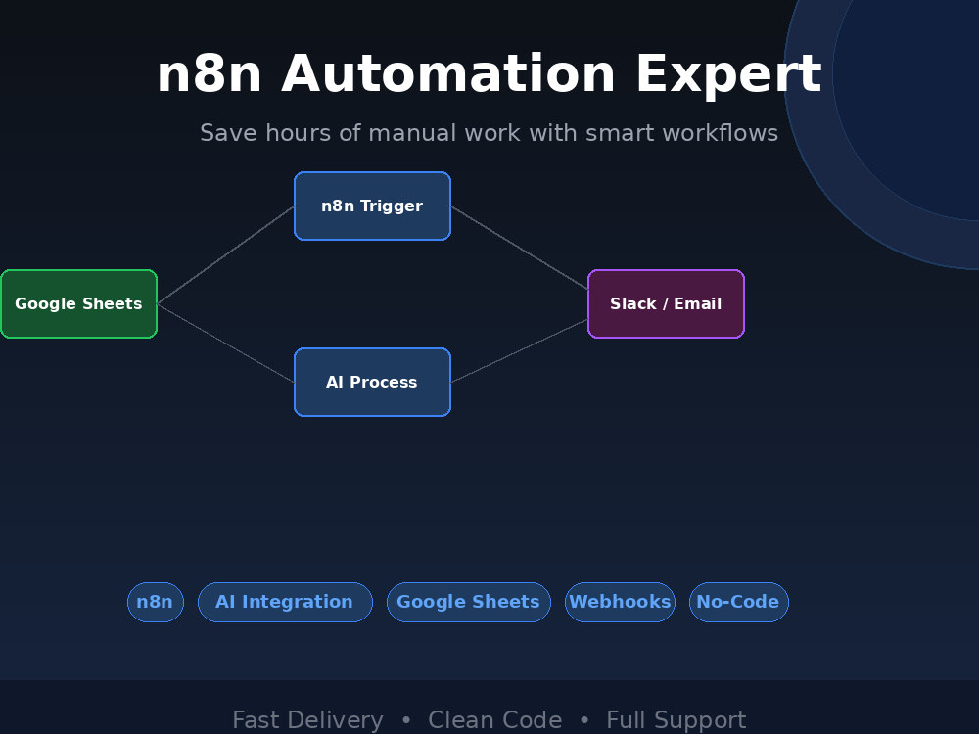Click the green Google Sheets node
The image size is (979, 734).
[78, 304]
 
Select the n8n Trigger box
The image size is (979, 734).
[372, 206]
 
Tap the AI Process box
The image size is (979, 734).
[372, 382]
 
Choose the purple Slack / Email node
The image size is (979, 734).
[666, 304]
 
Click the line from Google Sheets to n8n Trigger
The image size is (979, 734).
[225, 255]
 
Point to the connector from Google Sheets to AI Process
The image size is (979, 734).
[225, 343]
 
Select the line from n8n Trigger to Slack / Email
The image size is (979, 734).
[520, 248]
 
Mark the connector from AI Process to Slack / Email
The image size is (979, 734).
[520, 350]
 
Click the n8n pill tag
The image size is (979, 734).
[156, 602]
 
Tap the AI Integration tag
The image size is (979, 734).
[285, 602]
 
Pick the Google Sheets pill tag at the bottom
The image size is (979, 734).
[469, 602]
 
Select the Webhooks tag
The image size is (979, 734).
[620, 602]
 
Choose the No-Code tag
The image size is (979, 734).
[738, 602]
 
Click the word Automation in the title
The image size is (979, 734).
[448, 74]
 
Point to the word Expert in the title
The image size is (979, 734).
[728, 76]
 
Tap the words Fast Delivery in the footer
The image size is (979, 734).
[307, 720]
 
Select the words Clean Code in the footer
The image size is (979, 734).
[495, 720]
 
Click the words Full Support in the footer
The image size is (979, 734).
[676, 720]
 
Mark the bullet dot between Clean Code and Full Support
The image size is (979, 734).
[584, 720]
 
